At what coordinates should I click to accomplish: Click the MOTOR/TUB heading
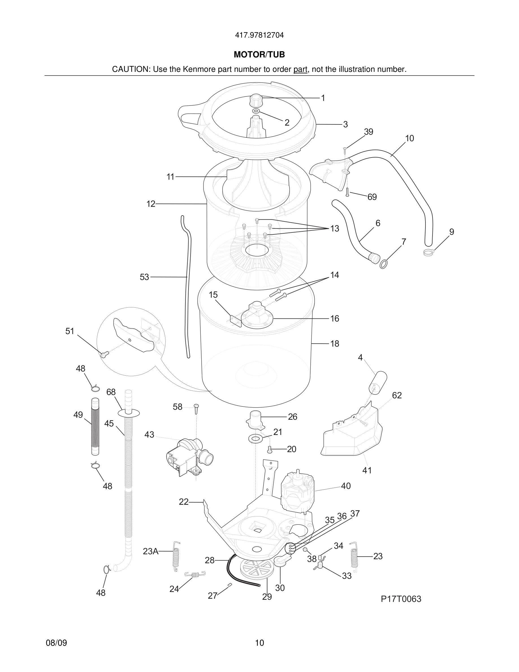(259, 55)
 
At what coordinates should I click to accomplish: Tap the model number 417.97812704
(259, 35)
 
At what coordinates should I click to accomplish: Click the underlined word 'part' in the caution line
(300, 70)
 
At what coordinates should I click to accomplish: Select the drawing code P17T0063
(401, 599)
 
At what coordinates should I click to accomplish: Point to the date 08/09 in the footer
(56, 643)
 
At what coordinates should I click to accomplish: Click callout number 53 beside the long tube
(144, 277)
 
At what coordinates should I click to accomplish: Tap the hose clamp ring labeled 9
(428, 253)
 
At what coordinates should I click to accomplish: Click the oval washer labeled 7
(383, 264)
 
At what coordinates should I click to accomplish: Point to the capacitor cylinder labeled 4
(378, 382)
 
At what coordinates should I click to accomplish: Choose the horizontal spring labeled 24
(194, 574)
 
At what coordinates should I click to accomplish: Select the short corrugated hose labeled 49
(96, 426)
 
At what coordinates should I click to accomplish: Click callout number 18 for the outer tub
(334, 343)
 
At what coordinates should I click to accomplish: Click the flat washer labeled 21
(255, 438)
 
